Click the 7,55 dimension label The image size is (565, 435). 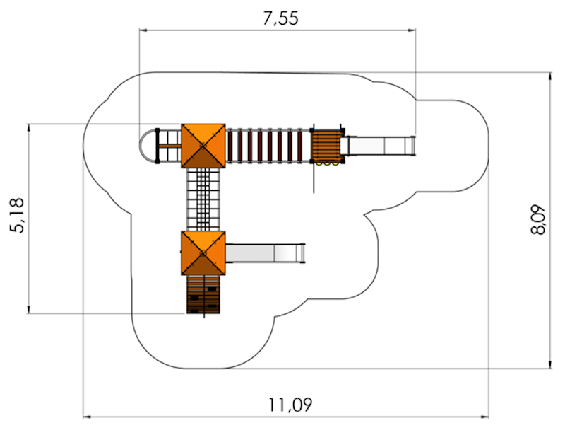(280, 18)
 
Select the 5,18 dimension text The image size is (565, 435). (17, 216)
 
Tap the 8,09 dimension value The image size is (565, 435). (538, 220)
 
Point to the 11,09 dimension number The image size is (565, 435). (290, 405)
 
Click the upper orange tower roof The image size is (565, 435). (203, 146)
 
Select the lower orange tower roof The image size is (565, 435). (203, 253)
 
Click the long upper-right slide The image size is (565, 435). (378, 146)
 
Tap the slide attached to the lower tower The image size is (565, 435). (266, 253)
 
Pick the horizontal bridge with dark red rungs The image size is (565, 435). (268, 146)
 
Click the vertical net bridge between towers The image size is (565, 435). (203, 199)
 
